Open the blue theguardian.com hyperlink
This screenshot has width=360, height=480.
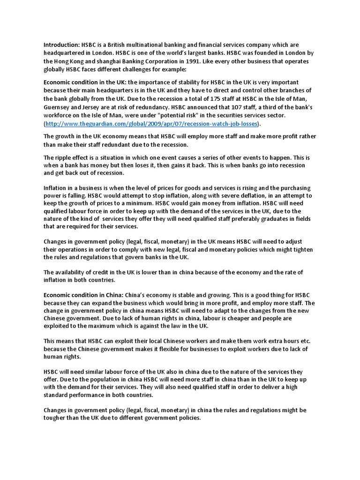(x=151, y=124)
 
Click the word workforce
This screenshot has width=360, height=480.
(x=60, y=115)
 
